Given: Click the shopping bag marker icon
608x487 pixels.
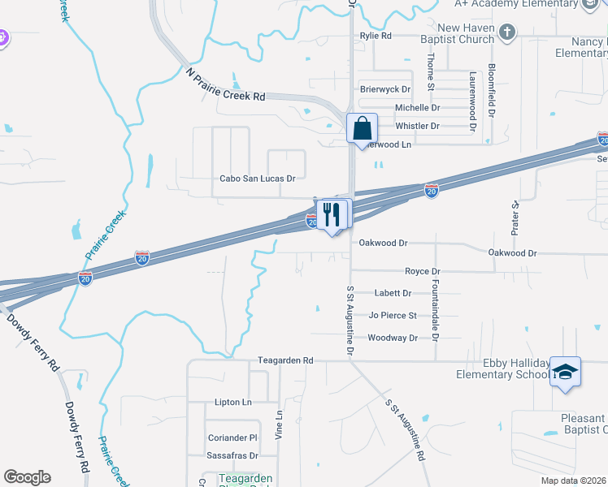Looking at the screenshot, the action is pos(362,129).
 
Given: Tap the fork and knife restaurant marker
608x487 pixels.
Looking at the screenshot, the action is pos(332,214).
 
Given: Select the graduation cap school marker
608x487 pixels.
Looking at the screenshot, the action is pos(565,372).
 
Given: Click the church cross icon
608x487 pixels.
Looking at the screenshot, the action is pos(508,33).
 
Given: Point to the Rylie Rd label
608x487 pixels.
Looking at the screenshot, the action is pos(376,37).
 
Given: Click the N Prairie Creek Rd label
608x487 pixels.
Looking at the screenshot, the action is pos(225,84).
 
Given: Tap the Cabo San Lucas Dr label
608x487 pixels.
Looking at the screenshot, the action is pos(257,178).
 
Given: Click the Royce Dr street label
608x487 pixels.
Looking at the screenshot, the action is pos(423,271).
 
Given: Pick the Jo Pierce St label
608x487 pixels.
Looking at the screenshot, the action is pos(393,315).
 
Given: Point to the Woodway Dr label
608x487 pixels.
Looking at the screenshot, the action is pos(393,338).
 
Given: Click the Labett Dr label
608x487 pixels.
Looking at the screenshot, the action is pos(393,293).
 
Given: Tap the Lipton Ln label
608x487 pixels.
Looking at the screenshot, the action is pos(233,403).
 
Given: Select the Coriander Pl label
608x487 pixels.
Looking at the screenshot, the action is pos(232,437).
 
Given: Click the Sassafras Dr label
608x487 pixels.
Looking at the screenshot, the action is pos(231,456).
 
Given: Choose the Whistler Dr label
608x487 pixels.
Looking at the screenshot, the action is pos(417,126).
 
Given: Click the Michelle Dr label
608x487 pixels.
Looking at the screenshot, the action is pos(417,107).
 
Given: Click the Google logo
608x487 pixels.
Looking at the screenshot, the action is pos(27,477).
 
